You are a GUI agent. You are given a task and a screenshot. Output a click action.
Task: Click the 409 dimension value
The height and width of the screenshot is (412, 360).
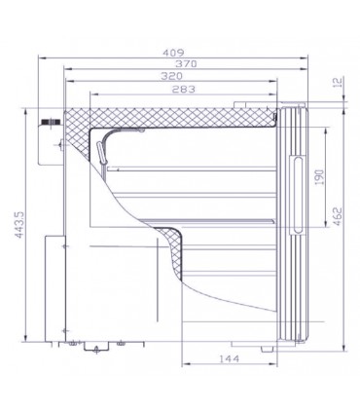click(x=173, y=53)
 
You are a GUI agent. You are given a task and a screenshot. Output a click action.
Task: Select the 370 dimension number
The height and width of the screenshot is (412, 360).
click(x=186, y=64)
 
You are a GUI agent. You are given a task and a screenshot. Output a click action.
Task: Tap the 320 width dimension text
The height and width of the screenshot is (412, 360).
click(x=171, y=76)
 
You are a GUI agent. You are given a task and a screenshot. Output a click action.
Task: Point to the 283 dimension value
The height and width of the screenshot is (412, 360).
click(x=184, y=89)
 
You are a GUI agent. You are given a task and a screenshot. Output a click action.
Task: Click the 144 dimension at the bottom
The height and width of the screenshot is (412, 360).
click(x=229, y=358)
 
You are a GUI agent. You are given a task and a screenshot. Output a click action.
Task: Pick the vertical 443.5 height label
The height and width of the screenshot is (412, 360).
click(x=20, y=225)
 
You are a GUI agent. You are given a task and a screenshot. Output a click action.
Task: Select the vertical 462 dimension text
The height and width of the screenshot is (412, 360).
click(x=338, y=216)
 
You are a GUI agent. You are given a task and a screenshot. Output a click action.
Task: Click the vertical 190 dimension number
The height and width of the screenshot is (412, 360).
click(x=319, y=177)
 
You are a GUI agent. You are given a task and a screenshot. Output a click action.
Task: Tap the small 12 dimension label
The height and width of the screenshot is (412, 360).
click(x=338, y=82)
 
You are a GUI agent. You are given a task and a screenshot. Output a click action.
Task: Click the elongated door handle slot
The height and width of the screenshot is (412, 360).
click(x=298, y=195)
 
